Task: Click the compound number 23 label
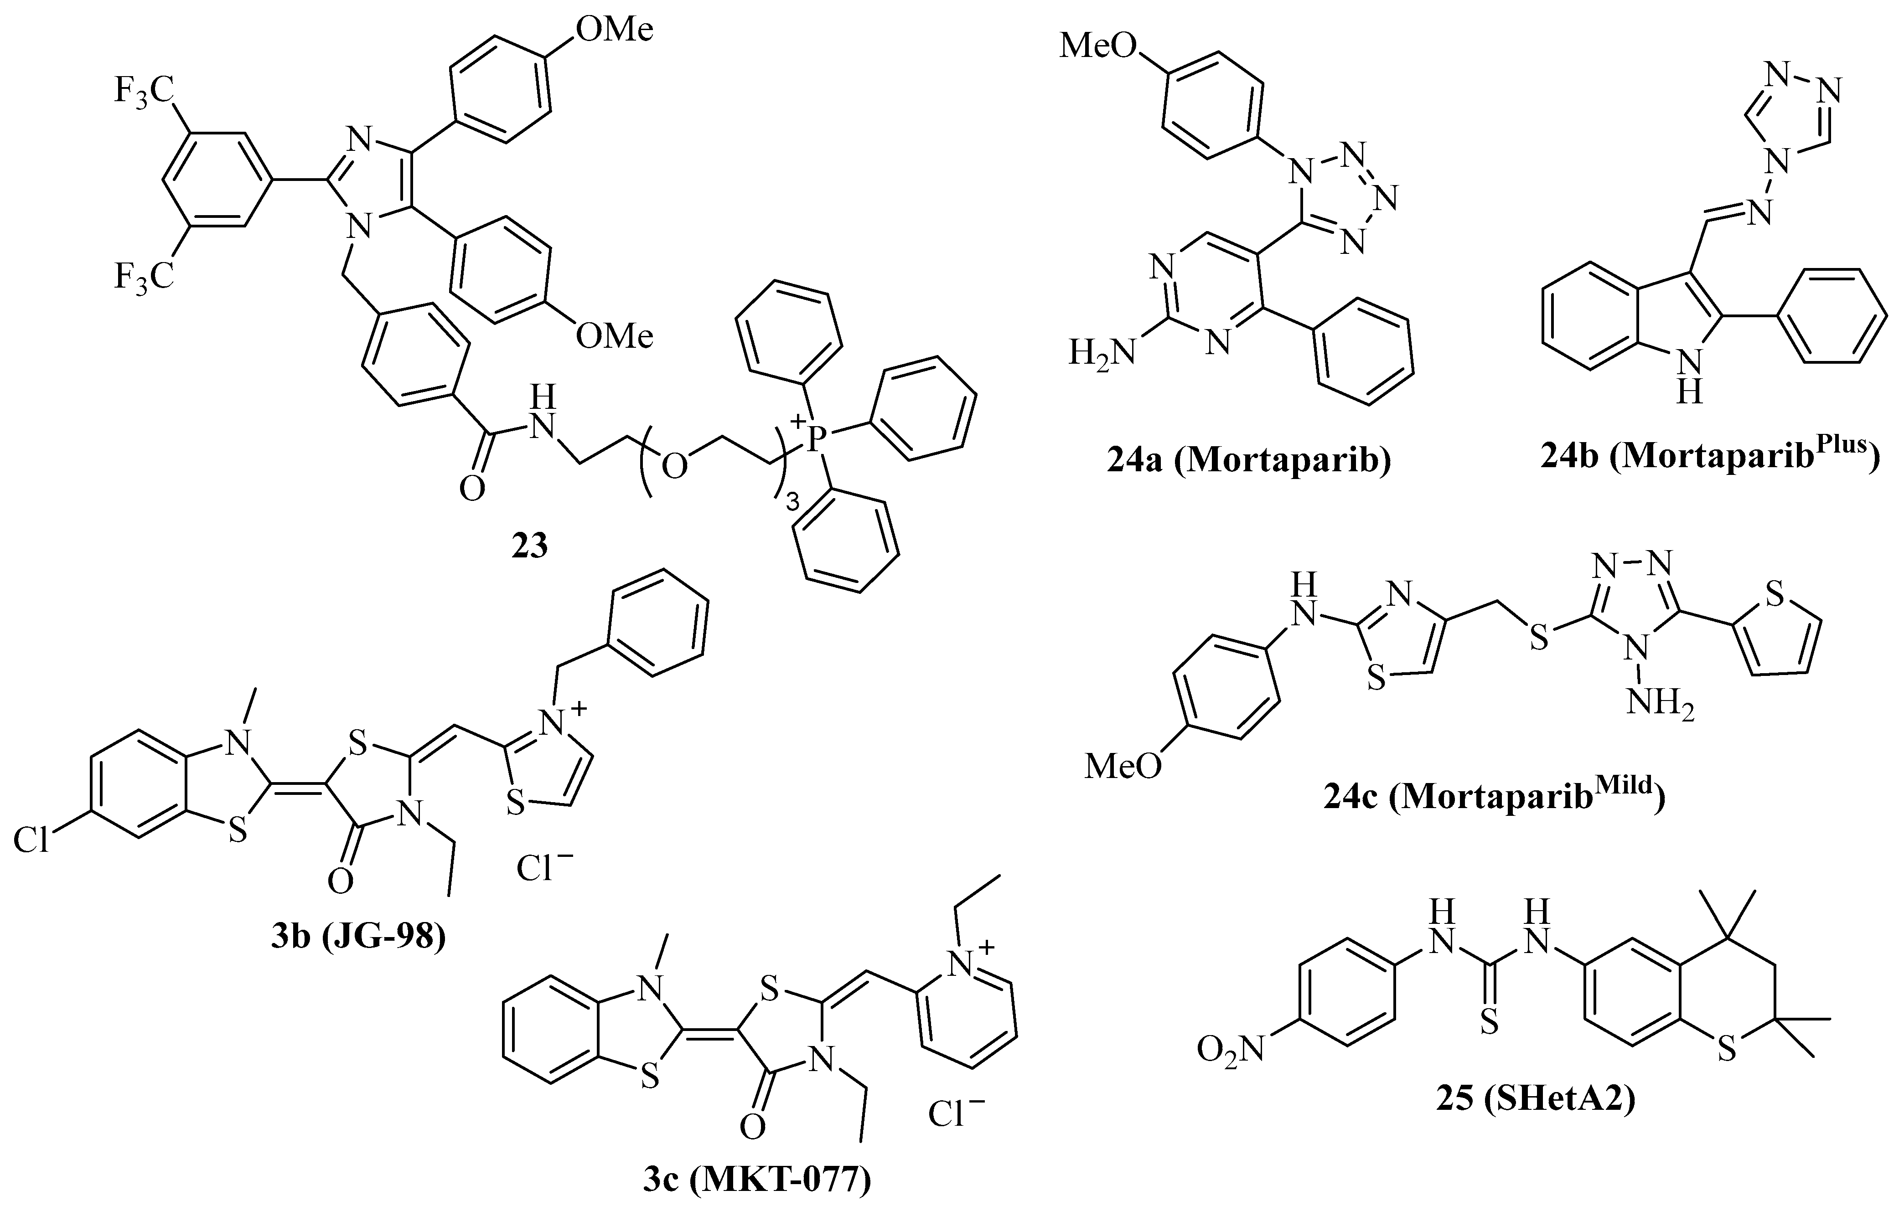[529, 545]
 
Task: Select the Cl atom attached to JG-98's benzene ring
[31, 841]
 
